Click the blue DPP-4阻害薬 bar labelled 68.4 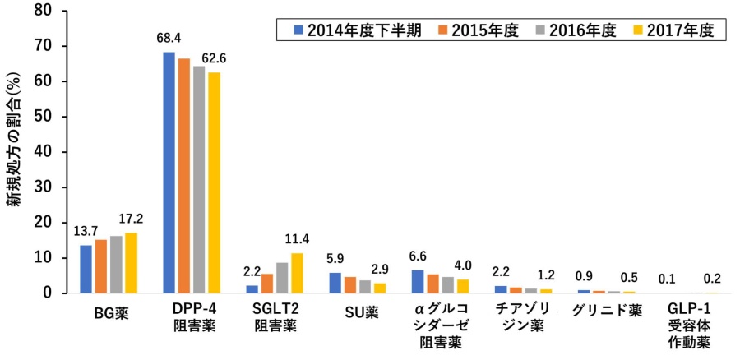coord(169,173)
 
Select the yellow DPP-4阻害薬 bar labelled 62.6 coord(214,182)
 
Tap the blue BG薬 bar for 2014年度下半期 coord(86,269)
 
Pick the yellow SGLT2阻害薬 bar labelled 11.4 coord(298,273)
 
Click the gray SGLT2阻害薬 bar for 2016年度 coord(283,278)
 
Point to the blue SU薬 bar coord(335,283)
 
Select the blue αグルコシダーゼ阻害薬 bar coord(418,282)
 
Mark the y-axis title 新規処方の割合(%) coord(16,152)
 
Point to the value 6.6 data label coord(419,256)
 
